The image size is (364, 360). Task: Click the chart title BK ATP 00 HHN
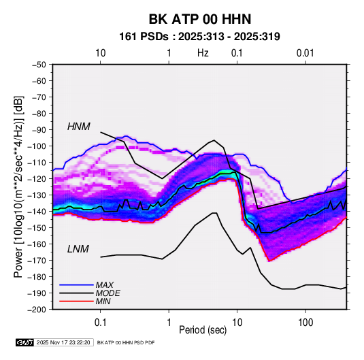(200, 19)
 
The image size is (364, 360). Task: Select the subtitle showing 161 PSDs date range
(199, 37)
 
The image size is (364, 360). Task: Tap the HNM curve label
(79, 127)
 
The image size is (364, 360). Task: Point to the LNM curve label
(78, 249)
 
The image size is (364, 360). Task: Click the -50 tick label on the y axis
(39, 65)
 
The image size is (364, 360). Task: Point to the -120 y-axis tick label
(37, 179)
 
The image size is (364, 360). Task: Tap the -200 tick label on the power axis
(37, 310)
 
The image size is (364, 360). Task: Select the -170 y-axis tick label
(37, 261)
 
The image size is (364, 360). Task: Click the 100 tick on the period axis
(305, 323)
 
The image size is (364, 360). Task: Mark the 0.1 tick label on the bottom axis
(100, 323)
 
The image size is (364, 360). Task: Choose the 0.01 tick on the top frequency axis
(305, 53)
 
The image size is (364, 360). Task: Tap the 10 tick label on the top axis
(101, 53)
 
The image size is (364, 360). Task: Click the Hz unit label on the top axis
(203, 53)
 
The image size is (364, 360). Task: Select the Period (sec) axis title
(203, 330)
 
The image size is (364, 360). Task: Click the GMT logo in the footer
(25, 342)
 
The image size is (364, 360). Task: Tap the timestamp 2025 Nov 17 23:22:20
(63, 342)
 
